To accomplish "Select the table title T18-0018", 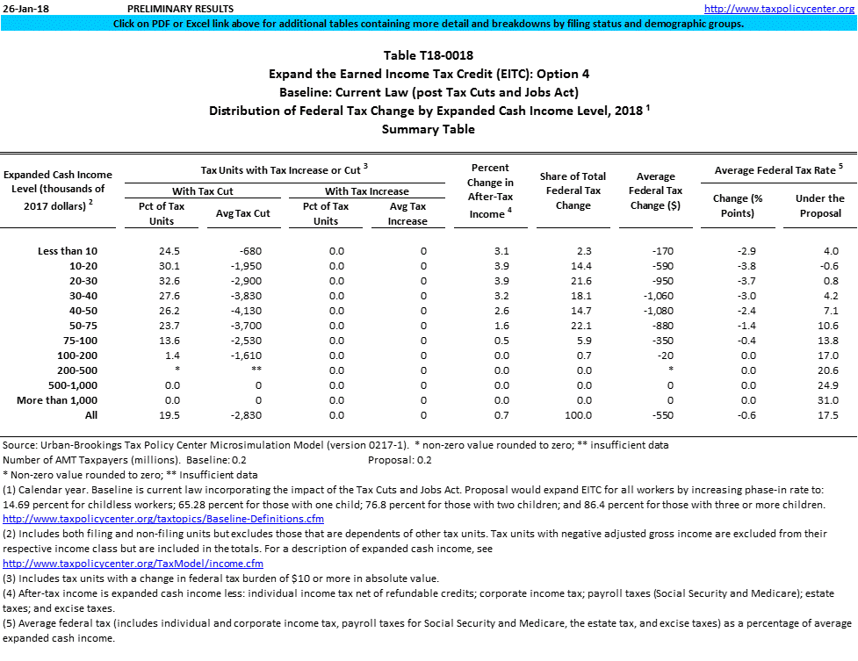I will click(x=429, y=56).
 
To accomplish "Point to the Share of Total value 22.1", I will click(x=580, y=326).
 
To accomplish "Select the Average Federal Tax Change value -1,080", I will click(x=661, y=311).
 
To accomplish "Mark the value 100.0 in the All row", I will click(x=579, y=415).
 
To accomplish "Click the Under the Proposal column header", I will click(x=819, y=205).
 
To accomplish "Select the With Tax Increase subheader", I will click(x=366, y=190).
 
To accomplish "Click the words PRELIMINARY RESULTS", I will click(x=176, y=8).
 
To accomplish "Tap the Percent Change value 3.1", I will click(x=501, y=251).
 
